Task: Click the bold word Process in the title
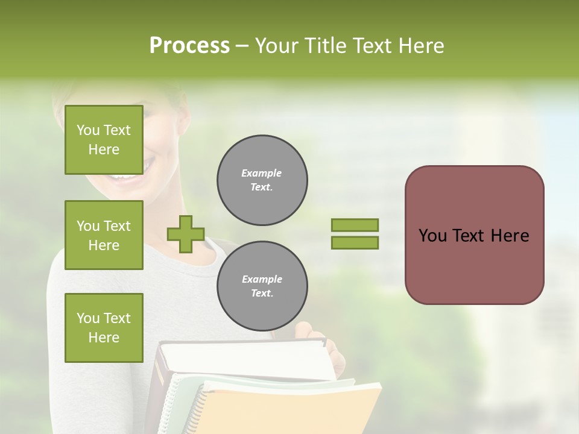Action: click(x=189, y=46)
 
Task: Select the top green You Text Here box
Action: click(x=104, y=140)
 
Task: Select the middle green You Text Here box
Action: click(x=104, y=235)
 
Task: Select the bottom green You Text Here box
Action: click(x=104, y=328)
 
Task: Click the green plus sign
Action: click(x=186, y=234)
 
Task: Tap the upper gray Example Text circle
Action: click(x=262, y=180)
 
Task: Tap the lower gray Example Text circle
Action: click(x=262, y=286)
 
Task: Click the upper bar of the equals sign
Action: click(x=355, y=225)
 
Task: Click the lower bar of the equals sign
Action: click(x=355, y=242)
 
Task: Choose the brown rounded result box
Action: click(x=474, y=265)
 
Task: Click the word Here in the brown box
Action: click(x=510, y=236)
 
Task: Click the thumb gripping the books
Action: click(x=303, y=330)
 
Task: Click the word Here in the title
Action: click(x=422, y=46)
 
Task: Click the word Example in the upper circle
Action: click(x=261, y=173)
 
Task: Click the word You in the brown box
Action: click(x=432, y=236)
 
